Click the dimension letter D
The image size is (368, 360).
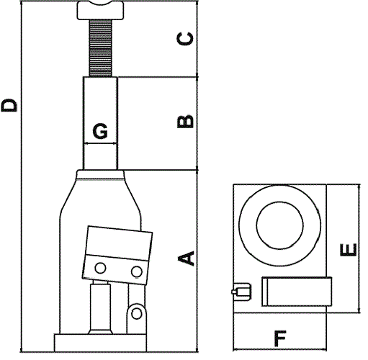9,105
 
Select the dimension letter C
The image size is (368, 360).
185,38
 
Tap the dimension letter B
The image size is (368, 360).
185,122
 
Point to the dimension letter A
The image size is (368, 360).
186,258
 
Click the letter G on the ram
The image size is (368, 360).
100,131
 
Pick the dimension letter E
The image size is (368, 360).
349,250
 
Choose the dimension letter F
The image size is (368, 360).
280,338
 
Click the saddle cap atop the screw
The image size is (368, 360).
100,10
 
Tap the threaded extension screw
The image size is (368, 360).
101,48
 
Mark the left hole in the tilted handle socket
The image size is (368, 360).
100,268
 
